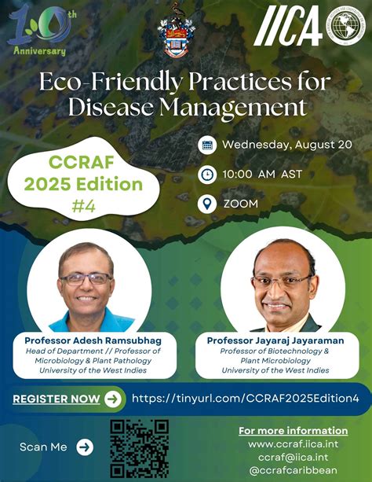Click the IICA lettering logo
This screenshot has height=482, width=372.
click(x=288, y=26)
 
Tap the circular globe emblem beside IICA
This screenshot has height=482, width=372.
click(x=345, y=26)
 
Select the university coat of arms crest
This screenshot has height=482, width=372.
click(x=176, y=31)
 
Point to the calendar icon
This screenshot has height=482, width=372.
click(x=207, y=145)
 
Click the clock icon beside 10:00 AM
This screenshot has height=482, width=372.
click(x=207, y=175)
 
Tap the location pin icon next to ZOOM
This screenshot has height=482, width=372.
click(x=207, y=204)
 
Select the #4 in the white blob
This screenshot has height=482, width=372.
click(x=84, y=206)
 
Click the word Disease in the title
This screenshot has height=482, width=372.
click(x=111, y=107)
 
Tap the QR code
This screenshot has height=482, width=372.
click(x=140, y=448)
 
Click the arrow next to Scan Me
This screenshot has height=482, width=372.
click(x=85, y=447)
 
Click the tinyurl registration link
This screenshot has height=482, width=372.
click(x=245, y=399)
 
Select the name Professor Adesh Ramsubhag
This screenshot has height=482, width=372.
click(x=93, y=340)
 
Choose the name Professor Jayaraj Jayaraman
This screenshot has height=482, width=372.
click(x=275, y=340)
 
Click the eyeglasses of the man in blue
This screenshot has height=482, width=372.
click(x=86, y=279)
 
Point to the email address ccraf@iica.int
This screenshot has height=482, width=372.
click(x=293, y=457)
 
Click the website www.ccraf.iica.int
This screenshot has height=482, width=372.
click(x=293, y=444)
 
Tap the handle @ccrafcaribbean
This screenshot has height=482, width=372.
click(x=293, y=470)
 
